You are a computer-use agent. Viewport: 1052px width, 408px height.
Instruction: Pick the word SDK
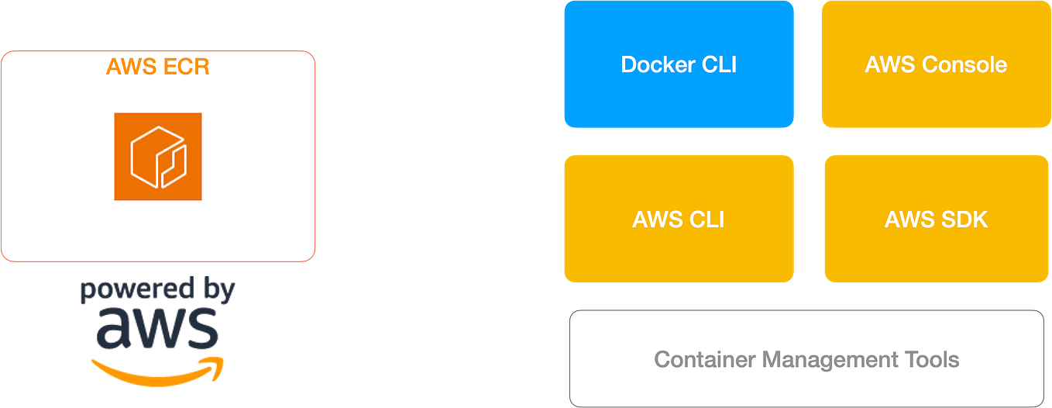[x=964, y=220]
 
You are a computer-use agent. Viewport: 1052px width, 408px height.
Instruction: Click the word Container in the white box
[x=705, y=360]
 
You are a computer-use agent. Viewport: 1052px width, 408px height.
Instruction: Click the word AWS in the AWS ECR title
[x=131, y=67]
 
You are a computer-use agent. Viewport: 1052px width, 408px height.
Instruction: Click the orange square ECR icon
[x=158, y=157]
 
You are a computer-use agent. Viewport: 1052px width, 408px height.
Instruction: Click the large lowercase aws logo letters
[x=157, y=328]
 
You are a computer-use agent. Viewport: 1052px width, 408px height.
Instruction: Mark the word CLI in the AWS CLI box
[x=706, y=220]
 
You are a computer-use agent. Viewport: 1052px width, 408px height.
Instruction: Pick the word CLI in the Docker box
[x=718, y=64]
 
